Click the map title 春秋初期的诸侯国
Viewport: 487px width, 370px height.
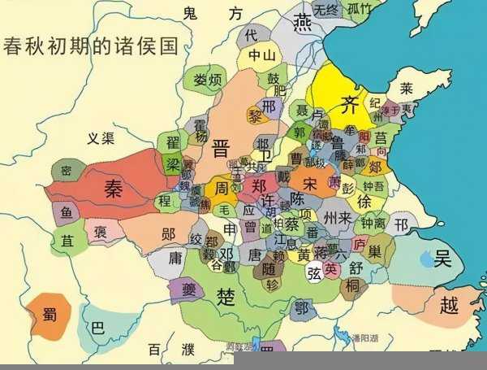(91, 45)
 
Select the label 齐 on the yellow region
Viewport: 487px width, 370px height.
(349, 103)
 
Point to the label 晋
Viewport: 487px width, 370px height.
(220, 148)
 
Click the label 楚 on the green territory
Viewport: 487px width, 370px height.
(226, 296)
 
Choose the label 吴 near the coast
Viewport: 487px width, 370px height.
(442, 259)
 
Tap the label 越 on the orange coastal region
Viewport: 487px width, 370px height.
(450, 305)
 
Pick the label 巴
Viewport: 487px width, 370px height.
(98, 329)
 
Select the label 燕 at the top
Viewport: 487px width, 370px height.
(302, 21)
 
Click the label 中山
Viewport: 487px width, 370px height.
(261, 56)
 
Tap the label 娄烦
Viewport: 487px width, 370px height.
(208, 80)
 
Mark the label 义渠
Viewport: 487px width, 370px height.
(101, 138)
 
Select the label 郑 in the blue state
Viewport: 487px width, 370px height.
(259, 185)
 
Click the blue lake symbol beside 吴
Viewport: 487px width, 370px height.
(426, 260)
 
